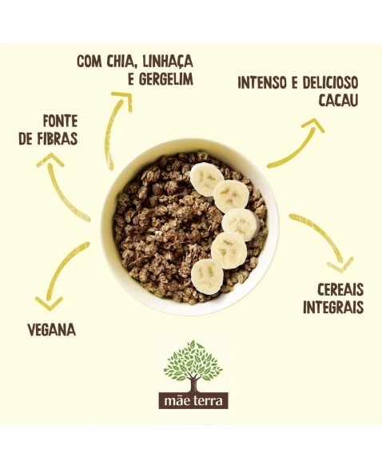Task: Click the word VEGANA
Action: [52, 330]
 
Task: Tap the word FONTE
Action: [60, 121]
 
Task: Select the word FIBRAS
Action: [57, 138]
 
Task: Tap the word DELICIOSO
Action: [330, 82]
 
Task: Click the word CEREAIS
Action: [340, 289]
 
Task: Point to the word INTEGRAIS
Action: [333, 307]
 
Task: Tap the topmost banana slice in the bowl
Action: [207, 180]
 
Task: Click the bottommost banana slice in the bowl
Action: [207, 276]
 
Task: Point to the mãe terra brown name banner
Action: [193, 400]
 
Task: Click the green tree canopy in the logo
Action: [193, 361]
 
